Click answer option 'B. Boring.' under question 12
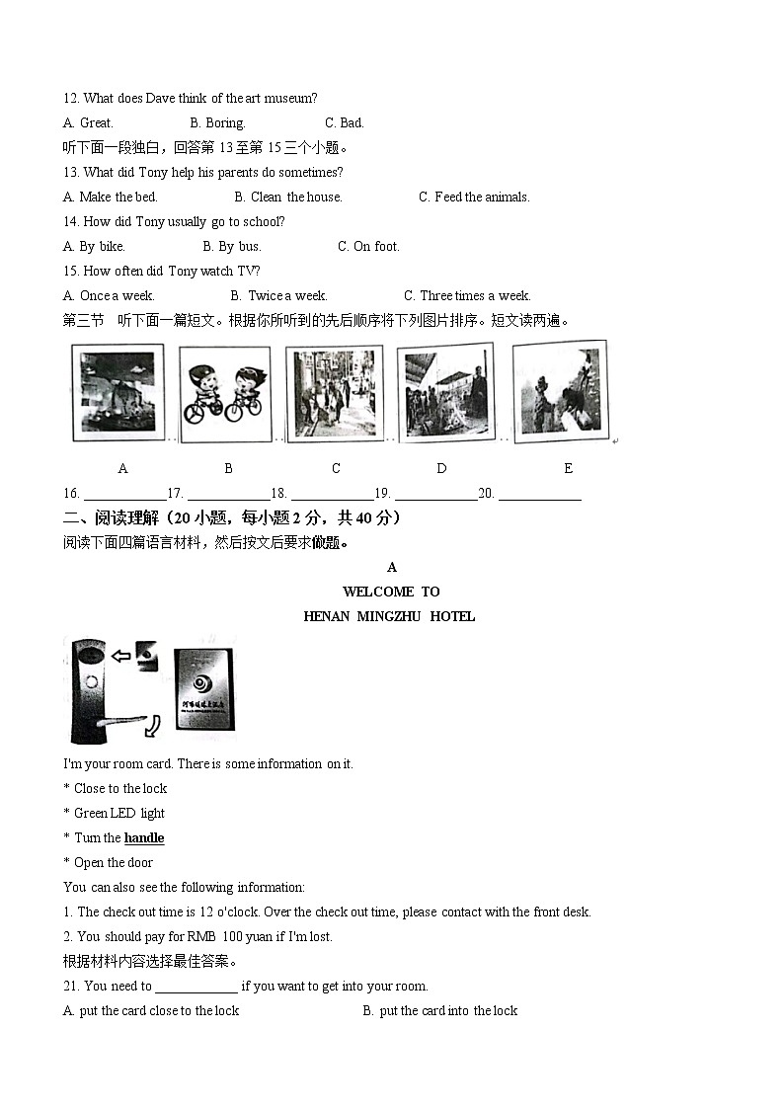(217, 123)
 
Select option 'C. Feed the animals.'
(474, 198)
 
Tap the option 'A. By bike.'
(94, 247)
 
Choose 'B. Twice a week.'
(278, 296)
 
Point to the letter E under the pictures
(568, 469)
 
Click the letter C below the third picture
(336, 469)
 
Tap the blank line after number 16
(123, 496)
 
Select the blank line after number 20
(539, 496)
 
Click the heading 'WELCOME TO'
(391, 592)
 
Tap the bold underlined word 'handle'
(144, 838)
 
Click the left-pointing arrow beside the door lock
(121, 654)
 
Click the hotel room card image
(204, 688)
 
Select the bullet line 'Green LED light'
(118, 814)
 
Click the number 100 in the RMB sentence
(231, 937)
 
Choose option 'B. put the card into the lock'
(439, 1011)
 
